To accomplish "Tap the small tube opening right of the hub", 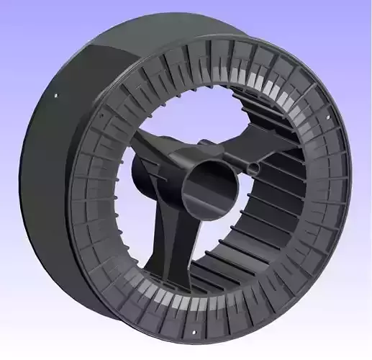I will [251, 167].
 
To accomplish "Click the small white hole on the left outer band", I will [55, 96].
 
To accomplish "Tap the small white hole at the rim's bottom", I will [194, 332].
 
